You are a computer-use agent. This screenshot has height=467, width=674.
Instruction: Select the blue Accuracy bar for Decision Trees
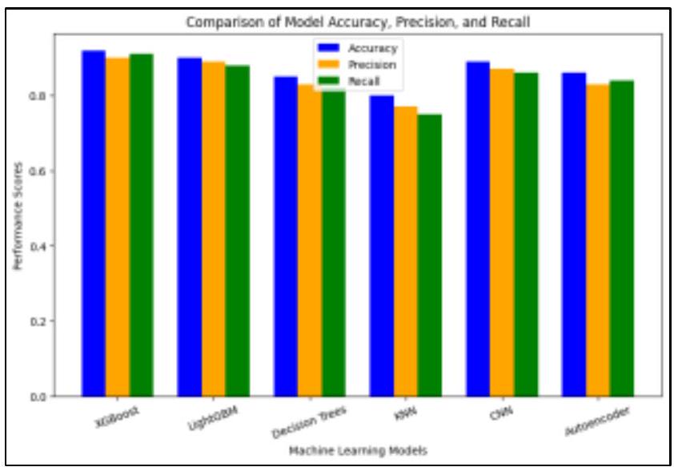(286, 236)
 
